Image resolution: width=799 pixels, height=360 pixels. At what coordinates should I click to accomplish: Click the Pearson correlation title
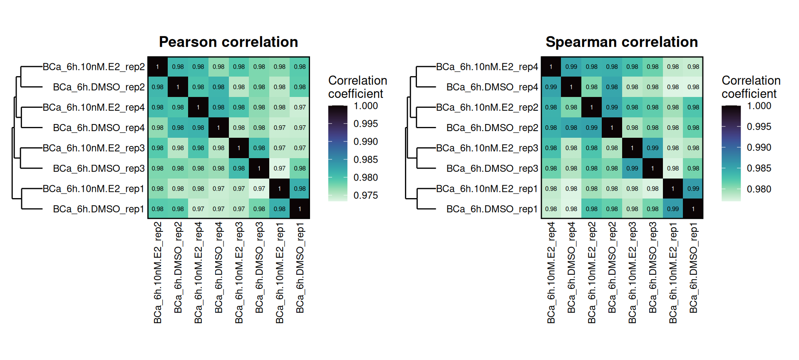[228, 42]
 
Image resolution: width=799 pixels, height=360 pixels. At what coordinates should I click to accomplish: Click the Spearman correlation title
[622, 42]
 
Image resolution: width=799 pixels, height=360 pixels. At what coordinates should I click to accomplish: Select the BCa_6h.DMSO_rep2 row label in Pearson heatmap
[99, 87]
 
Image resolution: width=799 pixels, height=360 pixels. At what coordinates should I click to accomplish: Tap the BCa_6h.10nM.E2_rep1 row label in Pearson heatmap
[94, 189]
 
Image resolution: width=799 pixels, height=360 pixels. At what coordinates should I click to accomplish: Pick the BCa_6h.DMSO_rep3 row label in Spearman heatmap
[492, 169]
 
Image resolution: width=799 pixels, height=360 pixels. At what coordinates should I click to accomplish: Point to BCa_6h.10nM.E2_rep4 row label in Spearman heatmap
[487, 67]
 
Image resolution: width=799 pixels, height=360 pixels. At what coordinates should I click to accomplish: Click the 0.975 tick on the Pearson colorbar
[366, 196]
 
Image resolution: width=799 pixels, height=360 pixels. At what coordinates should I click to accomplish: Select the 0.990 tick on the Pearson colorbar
[366, 142]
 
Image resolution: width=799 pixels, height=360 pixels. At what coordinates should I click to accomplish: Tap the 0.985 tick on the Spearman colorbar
[759, 169]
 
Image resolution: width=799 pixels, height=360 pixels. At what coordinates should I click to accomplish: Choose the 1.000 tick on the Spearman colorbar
[759, 106]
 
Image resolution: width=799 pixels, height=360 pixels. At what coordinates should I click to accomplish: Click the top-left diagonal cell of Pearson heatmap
[158, 67]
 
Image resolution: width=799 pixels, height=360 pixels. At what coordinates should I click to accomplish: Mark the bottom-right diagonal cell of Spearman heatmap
[693, 209]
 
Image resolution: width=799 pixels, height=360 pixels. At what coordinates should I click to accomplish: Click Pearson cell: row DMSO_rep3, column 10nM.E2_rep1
[280, 168]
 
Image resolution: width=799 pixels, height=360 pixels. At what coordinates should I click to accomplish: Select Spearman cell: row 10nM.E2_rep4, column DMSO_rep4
[571, 67]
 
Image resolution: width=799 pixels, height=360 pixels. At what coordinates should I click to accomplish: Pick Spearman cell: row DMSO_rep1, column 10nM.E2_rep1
[673, 209]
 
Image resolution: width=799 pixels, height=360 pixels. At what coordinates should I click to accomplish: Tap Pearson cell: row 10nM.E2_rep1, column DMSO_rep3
[259, 189]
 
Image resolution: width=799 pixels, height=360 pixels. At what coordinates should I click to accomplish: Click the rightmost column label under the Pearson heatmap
[300, 268]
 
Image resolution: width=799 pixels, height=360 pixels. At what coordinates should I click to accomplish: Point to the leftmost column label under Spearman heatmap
[551, 273]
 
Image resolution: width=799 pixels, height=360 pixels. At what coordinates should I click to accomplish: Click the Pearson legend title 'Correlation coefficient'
[358, 87]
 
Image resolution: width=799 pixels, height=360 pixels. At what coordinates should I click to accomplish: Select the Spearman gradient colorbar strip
[731, 153]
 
